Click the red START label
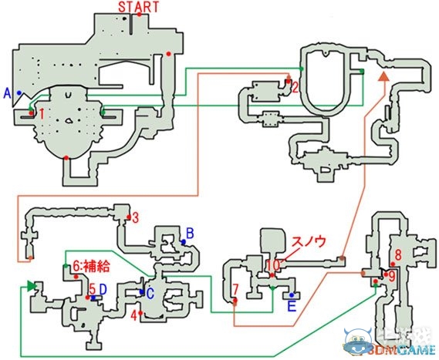click(139, 7)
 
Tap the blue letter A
click(7, 93)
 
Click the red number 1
click(42, 113)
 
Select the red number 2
click(295, 86)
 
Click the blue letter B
click(190, 232)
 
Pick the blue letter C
click(150, 293)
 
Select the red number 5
click(92, 289)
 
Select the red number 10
click(272, 265)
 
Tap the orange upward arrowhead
click(383, 76)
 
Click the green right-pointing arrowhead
click(31, 287)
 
